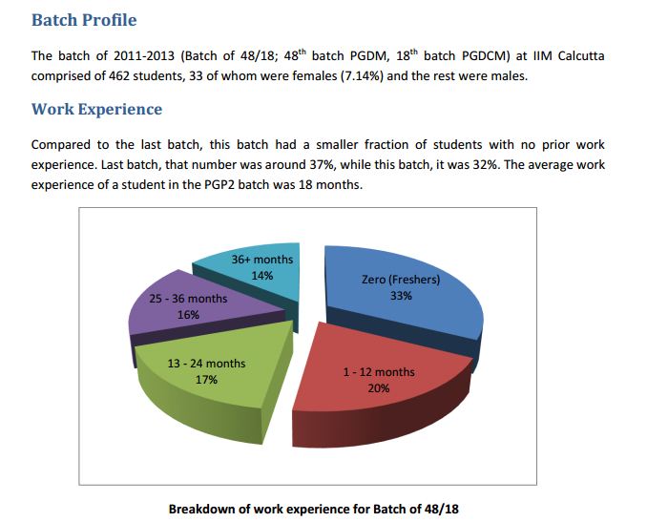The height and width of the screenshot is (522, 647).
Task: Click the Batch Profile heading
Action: [84, 20]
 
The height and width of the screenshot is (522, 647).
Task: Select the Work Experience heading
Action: [96, 109]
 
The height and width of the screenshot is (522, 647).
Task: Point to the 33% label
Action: [401, 296]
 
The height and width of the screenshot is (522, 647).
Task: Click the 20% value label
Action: [379, 387]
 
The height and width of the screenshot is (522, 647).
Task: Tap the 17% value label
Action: [206, 379]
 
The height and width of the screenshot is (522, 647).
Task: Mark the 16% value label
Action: [188, 314]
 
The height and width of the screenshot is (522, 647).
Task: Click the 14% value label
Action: [262, 275]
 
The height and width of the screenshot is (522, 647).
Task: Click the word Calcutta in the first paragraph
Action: [576, 56]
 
